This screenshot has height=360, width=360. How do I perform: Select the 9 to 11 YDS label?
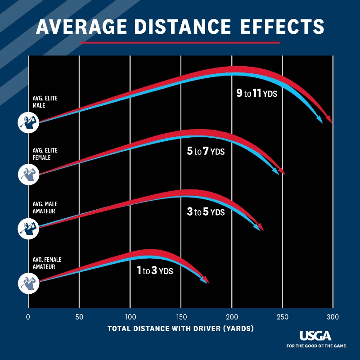pyautogui.click(x=257, y=94)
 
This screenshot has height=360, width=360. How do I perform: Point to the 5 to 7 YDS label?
pyautogui.click(x=206, y=151)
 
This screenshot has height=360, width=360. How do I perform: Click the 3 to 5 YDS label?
pyautogui.click(x=206, y=211)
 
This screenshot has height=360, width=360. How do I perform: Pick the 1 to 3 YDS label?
pyautogui.click(x=155, y=271)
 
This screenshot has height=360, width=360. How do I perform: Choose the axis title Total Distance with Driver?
pyautogui.click(x=180, y=328)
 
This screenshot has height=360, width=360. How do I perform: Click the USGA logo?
pyautogui.click(x=315, y=336)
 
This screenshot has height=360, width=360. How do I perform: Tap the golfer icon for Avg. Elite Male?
pyautogui.click(x=28, y=122)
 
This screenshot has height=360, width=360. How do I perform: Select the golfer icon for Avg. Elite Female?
pyautogui.click(x=28, y=173)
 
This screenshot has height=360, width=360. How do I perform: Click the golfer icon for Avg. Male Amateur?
pyautogui.click(x=28, y=227)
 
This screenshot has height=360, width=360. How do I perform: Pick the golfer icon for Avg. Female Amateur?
pyautogui.click(x=28, y=282)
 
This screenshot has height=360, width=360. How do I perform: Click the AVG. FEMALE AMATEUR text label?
pyautogui.click(x=47, y=263)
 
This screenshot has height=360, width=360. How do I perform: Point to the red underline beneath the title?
pyautogui.click(x=180, y=43)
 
